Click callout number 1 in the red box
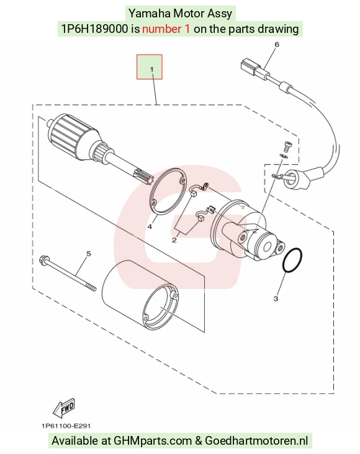point(151,69)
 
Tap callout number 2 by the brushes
point(174,240)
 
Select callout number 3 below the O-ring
point(276,298)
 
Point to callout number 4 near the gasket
point(150,226)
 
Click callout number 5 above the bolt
point(89,254)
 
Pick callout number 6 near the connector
point(277,44)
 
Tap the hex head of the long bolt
point(43,259)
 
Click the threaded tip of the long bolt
point(92,288)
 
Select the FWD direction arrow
point(65,408)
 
